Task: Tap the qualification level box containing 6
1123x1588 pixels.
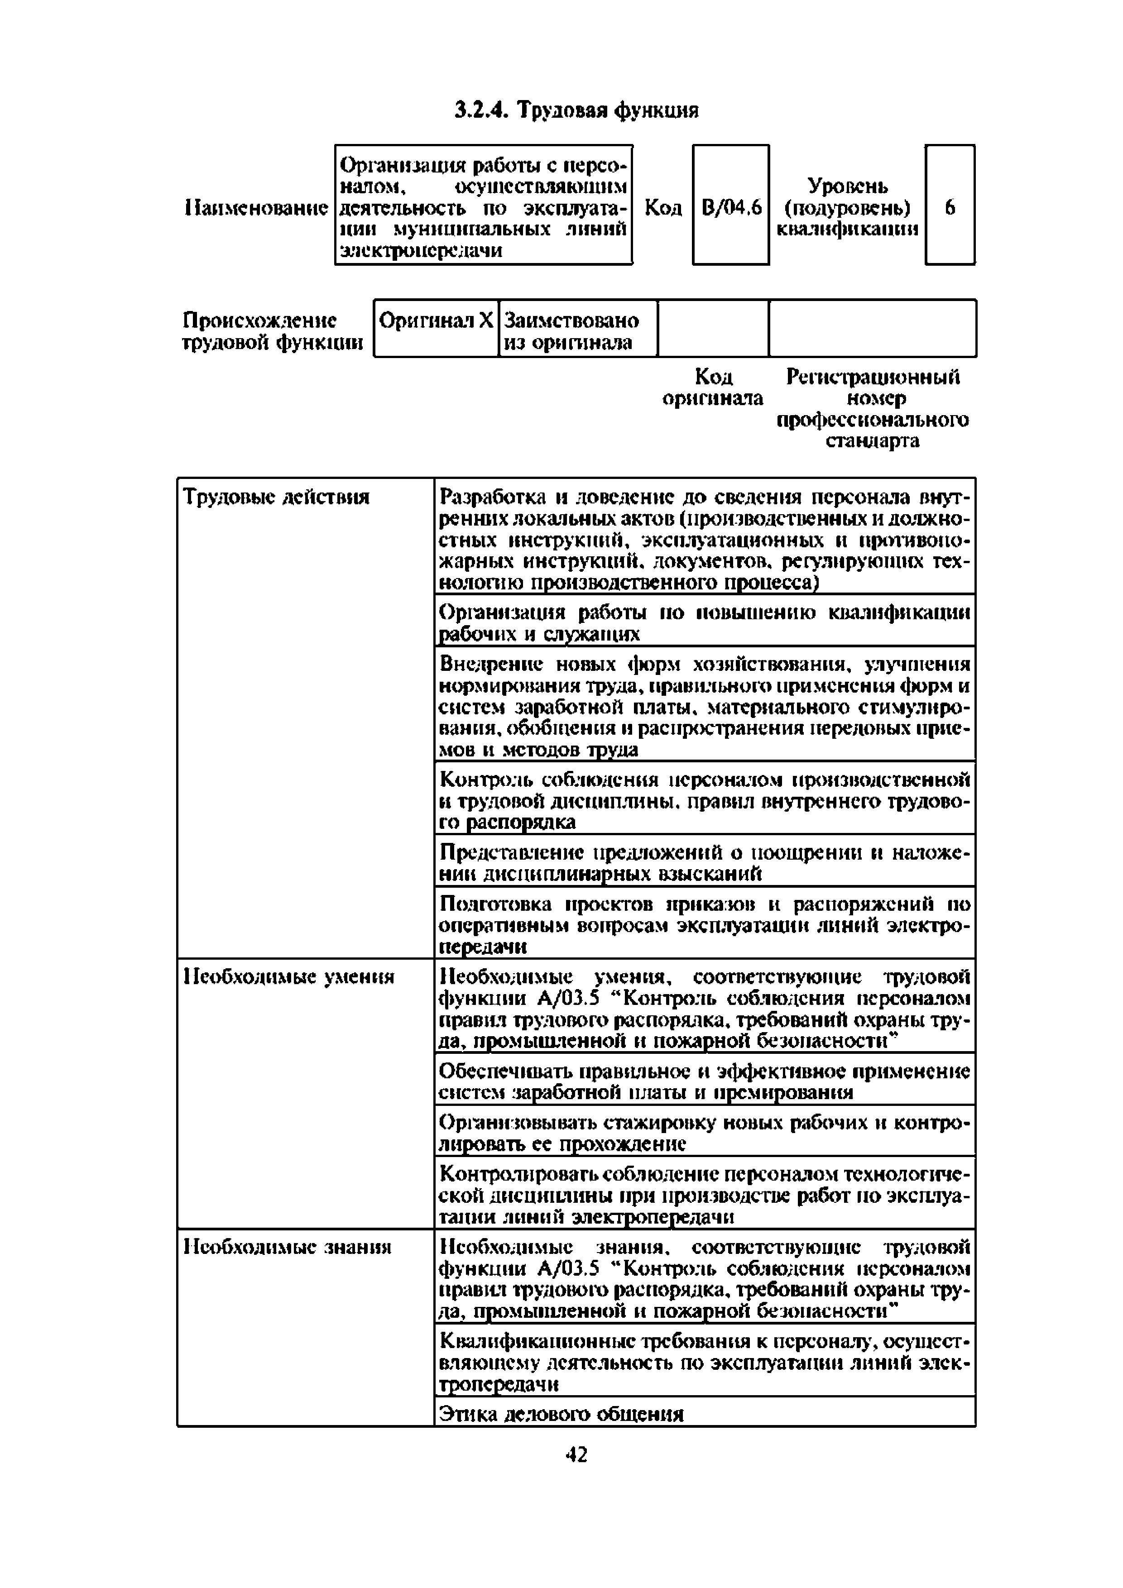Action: click(950, 206)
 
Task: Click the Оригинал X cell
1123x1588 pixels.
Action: click(436, 321)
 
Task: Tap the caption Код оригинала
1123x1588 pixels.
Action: click(713, 387)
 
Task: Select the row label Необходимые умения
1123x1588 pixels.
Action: click(288, 976)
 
